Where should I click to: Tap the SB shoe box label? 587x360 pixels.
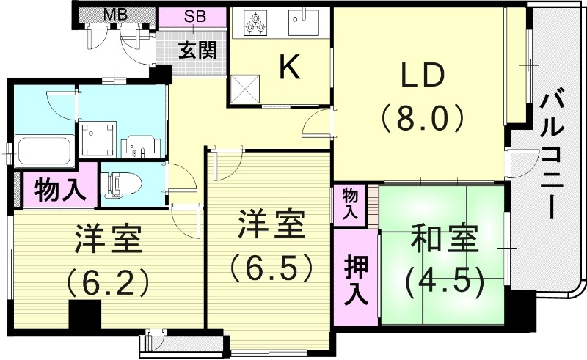coord(194,16)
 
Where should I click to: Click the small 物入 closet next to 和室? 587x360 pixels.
coord(351,204)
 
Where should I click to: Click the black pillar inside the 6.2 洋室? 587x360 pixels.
coord(84,315)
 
